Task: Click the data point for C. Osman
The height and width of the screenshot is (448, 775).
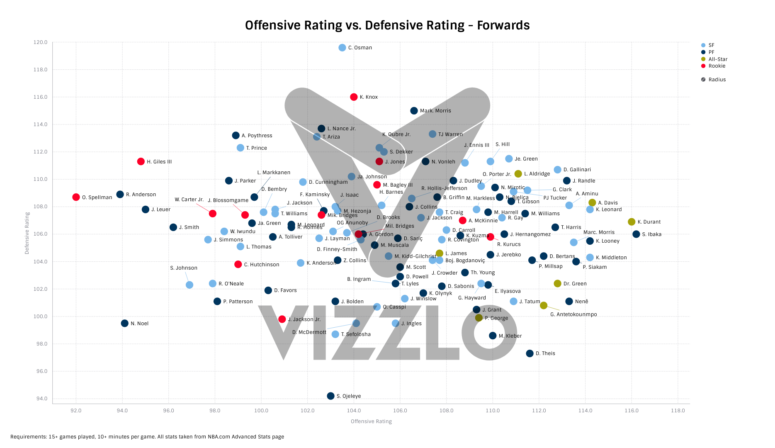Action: [342, 48]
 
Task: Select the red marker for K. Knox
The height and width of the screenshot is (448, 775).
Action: [354, 97]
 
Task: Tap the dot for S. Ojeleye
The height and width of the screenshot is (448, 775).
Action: [330, 396]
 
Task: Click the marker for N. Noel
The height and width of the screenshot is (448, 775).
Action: [125, 324]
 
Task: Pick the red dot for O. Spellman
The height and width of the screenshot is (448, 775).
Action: [76, 197]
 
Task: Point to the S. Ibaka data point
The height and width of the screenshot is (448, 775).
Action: [636, 234]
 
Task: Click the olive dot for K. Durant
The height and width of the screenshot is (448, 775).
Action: [632, 222]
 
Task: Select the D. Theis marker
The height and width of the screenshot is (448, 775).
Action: [530, 353]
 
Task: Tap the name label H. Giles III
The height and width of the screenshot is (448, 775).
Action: [159, 162]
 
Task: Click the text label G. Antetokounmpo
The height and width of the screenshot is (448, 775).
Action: [573, 314]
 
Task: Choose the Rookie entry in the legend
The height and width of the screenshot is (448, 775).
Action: [717, 66]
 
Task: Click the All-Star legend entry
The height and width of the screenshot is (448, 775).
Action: [718, 59]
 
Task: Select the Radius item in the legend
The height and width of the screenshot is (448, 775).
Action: [717, 80]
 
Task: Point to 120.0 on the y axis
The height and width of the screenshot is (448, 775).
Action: [41, 42]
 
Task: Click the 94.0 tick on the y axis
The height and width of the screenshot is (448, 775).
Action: [42, 399]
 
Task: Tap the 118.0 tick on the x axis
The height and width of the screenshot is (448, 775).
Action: [678, 411]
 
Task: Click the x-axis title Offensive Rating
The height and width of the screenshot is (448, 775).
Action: [371, 421]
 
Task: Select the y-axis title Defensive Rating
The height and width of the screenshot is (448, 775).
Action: [27, 233]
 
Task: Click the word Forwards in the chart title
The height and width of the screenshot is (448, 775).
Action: [503, 26]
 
